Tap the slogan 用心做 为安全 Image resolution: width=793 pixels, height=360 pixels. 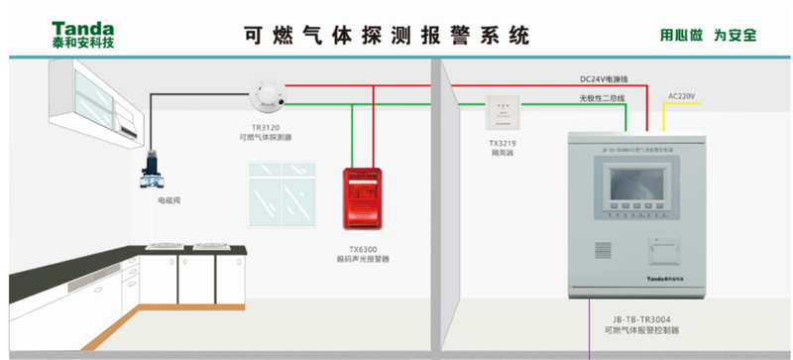708,35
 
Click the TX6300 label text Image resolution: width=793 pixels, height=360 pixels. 362,248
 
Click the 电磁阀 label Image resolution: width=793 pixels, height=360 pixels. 169,200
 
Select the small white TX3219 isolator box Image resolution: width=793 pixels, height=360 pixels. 501,112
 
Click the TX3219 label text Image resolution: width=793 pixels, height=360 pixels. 502,144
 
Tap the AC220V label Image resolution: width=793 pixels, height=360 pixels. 682,95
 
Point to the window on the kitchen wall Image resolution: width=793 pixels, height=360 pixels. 283,195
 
